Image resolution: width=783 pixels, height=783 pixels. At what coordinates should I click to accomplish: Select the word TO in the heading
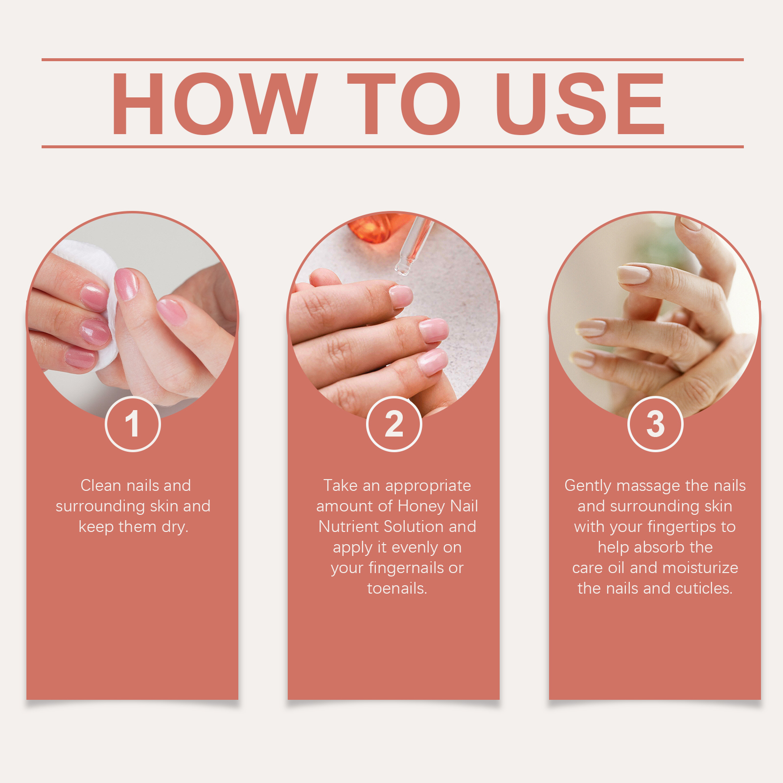click(x=404, y=103)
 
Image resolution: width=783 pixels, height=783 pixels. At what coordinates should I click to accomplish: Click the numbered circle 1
click(x=133, y=424)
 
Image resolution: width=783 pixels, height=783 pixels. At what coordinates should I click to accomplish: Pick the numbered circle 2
click(x=394, y=424)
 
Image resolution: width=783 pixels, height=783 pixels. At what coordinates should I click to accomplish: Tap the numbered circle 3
click(x=655, y=424)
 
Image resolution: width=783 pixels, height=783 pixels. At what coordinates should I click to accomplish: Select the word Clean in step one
click(x=100, y=485)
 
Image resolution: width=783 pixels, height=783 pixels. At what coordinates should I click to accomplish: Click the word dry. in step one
click(x=175, y=527)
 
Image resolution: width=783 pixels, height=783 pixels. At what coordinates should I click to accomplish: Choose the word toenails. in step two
click(x=397, y=588)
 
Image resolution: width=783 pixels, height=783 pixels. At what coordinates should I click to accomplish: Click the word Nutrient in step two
click(x=349, y=527)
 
